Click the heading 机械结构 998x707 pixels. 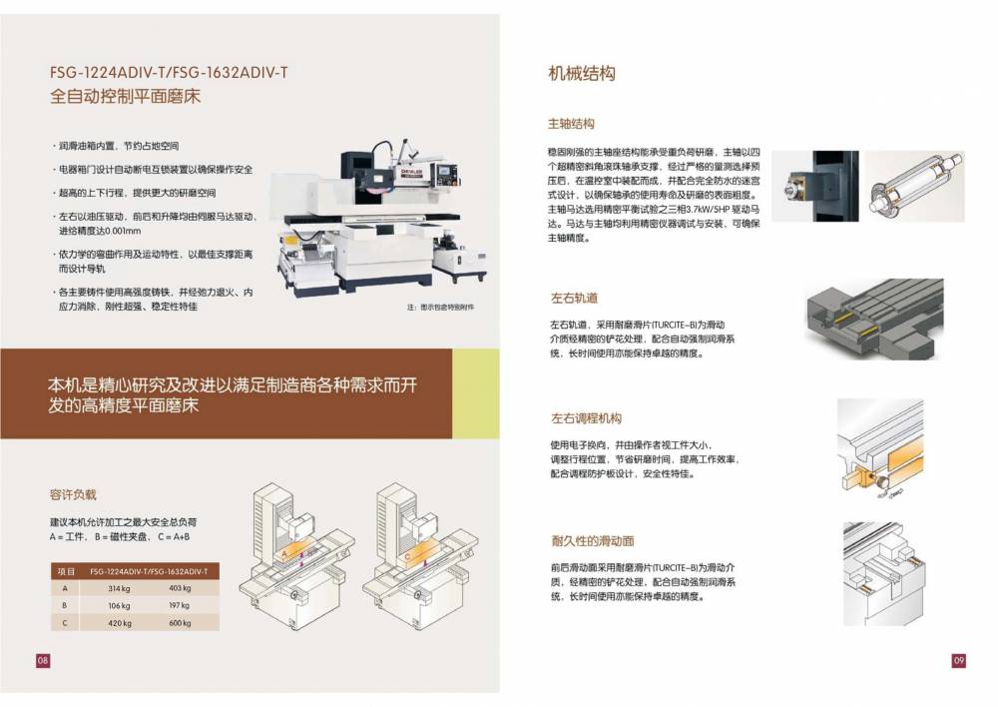pyautogui.click(x=582, y=73)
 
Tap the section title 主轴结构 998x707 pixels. pyautogui.click(x=572, y=124)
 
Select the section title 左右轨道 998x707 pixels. pyautogui.click(x=574, y=298)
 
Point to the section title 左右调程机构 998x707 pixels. pyautogui.click(x=586, y=418)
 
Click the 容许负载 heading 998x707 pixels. pyautogui.click(x=73, y=494)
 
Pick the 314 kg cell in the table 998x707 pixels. pyautogui.click(x=120, y=588)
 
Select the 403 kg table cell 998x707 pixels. pyautogui.click(x=180, y=588)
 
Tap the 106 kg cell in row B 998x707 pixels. pyautogui.click(x=120, y=605)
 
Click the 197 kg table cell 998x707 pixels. pyautogui.click(x=180, y=605)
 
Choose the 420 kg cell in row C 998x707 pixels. pyautogui.click(x=120, y=623)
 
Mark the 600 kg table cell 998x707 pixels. pyautogui.click(x=180, y=623)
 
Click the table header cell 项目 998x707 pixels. pyautogui.click(x=66, y=571)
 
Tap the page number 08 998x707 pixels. pyautogui.click(x=43, y=660)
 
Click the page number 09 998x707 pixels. pyautogui.click(x=959, y=660)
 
